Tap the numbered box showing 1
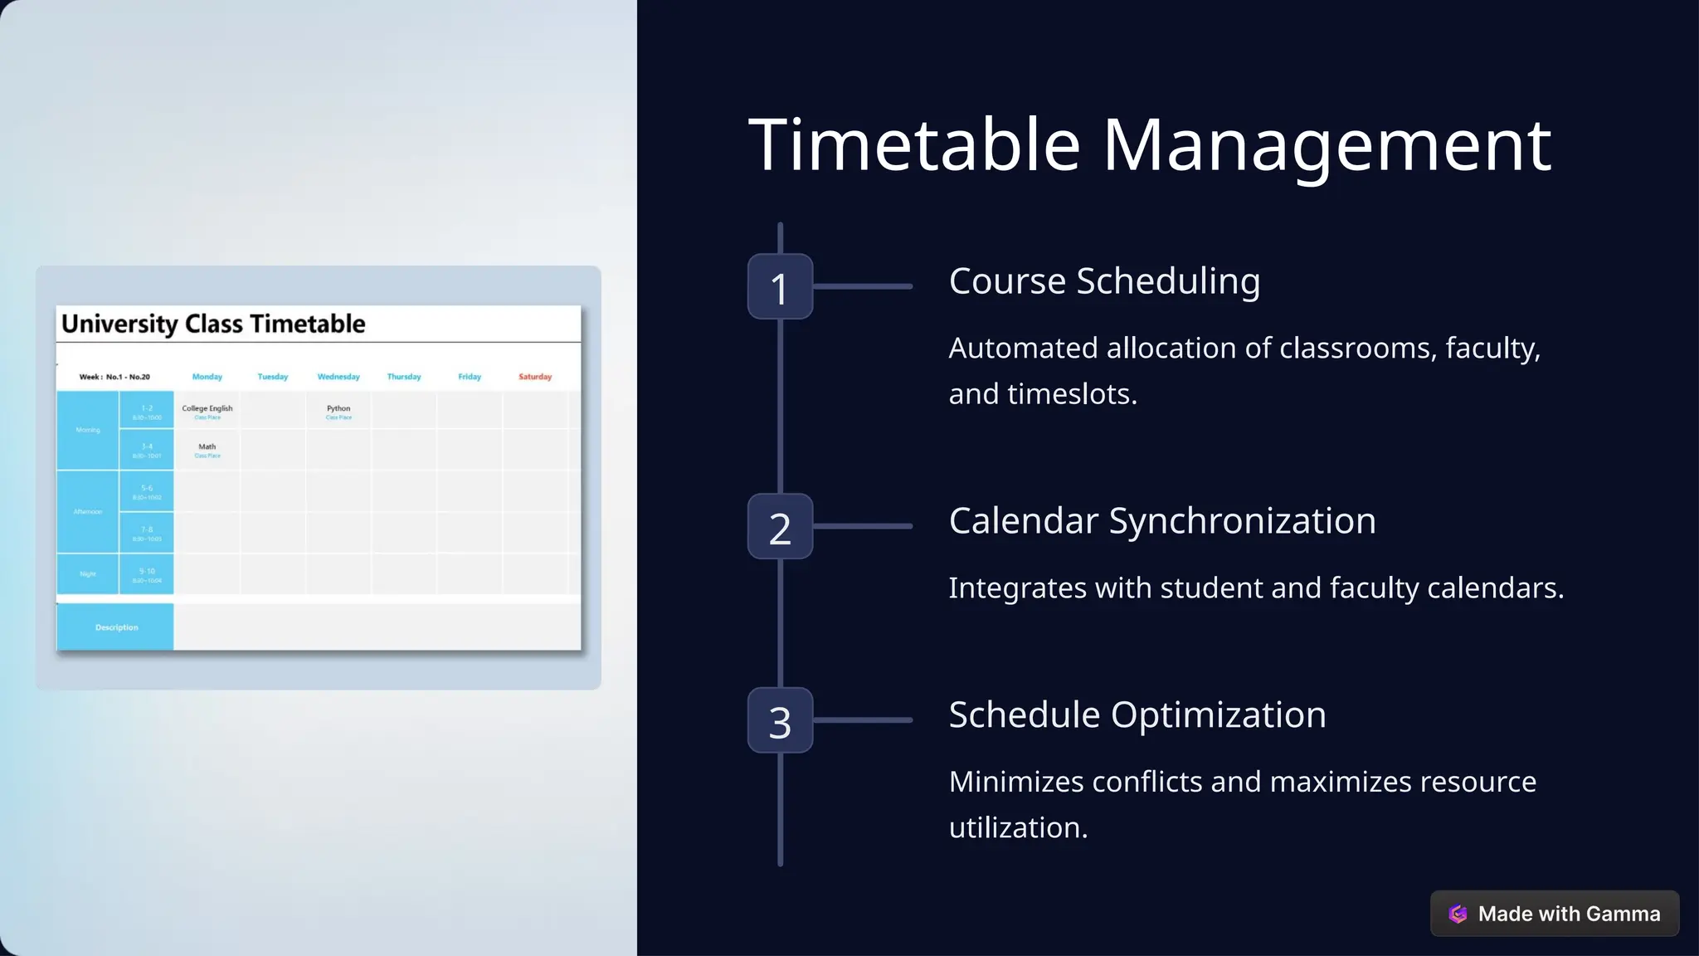(780, 287)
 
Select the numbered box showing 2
(780, 527)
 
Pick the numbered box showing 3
(780, 720)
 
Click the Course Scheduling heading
(1104, 281)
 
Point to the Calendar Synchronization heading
(1162, 521)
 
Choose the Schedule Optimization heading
(1137, 715)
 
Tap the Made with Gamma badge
(1554, 914)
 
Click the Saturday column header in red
(535, 377)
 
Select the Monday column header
(207, 377)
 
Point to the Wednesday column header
(338, 377)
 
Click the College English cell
(207, 410)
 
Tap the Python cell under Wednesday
(338, 410)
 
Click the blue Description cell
(116, 627)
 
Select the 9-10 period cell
(147, 574)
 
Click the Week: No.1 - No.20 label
(114, 377)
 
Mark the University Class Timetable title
(213, 324)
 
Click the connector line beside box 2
(863, 526)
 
